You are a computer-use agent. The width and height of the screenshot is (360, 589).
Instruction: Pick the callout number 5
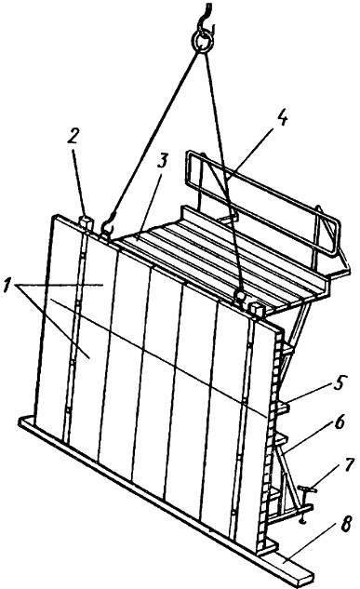(x=339, y=383)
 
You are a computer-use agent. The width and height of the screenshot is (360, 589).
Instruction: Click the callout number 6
(x=339, y=423)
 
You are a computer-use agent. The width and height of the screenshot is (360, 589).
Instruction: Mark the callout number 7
(x=348, y=465)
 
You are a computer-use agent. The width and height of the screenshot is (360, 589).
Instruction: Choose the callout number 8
(x=346, y=523)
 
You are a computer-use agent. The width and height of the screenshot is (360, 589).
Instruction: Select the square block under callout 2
(x=86, y=222)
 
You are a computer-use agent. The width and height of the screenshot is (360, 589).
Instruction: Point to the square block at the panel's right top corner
(x=257, y=311)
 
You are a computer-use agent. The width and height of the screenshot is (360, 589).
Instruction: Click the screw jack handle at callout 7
(x=308, y=489)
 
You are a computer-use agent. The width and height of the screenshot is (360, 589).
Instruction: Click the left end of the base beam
(x=21, y=422)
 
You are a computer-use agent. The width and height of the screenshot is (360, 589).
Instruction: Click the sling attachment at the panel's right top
(x=239, y=296)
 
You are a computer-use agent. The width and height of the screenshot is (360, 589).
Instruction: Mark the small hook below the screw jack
(x=302, y=521)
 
